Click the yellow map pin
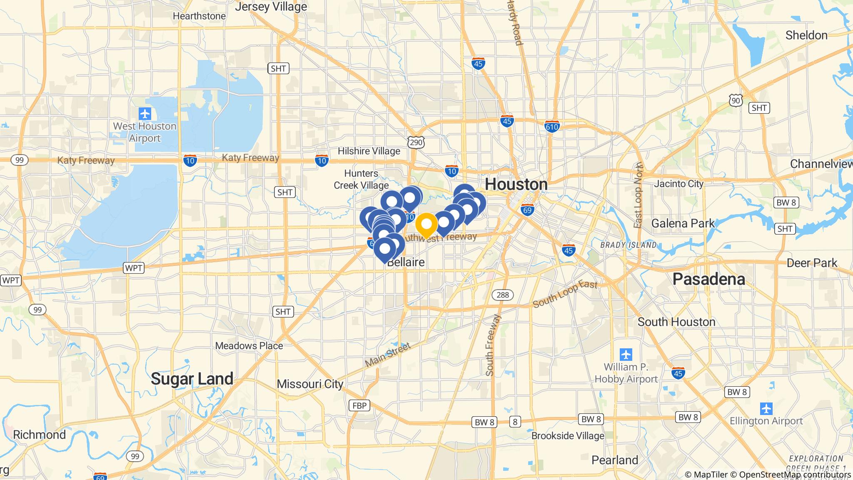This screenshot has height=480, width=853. [x=426, y=225]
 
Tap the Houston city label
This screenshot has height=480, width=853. [x=516, y=184]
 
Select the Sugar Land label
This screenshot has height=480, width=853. [x=192, y=379]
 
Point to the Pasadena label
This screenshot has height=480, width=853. [x=709, y=279]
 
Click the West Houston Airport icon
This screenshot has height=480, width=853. [x=145, y=113]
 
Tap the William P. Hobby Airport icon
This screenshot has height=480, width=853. [x=626, y=355]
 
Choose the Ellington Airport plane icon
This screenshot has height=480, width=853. [x=766, y=408]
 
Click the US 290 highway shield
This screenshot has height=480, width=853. [x=416, y=142]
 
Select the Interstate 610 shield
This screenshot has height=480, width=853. [x=552, y=126]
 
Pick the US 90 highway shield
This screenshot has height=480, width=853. [x=736, y=100]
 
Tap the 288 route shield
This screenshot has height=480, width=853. [x=503, y=295]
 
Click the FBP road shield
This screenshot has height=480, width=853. [x=359, y=405]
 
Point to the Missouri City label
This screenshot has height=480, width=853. [x=310, y=384]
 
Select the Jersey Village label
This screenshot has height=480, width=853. [x=271, y=7]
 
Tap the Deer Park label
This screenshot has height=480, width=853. [x=812, y=263]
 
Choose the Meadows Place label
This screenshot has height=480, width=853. [x=249, y=346]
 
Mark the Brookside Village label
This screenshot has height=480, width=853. [x=568, y=436]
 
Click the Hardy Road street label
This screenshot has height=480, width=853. [x=515, y=23]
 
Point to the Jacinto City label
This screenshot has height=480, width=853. [x=678, y=184]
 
